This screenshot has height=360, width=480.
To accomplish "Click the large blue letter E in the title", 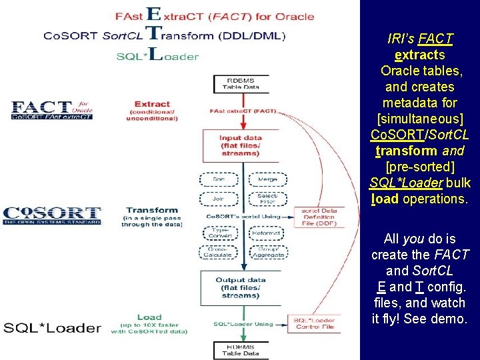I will (153, 14).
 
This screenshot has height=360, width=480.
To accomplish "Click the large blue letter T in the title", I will (153, 33).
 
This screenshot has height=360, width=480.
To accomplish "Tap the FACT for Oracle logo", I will (52, 110).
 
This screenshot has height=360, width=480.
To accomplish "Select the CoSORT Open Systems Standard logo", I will (52, 215).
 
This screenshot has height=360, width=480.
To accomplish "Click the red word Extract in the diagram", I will (152, 104).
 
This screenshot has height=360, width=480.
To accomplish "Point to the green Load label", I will (149, 317).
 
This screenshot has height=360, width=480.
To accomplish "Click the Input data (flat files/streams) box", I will (240, 145).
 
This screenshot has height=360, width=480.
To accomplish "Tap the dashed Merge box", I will (268, 179).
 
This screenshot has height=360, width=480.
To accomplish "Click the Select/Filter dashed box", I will (268, 198).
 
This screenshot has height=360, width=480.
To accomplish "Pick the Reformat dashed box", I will (268, 233).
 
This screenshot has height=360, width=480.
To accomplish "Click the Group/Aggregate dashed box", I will (268, 252).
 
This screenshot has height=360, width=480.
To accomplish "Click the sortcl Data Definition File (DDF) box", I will (320, 216).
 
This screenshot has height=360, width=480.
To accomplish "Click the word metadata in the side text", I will (420, 103).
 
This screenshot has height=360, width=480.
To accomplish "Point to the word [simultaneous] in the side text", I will (420, 119).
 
